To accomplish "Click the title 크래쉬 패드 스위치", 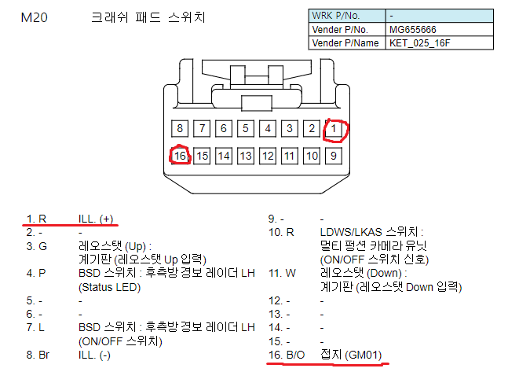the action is pos(148,17).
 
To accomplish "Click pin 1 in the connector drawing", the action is pos(334,128).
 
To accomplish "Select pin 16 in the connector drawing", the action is pos(180,156).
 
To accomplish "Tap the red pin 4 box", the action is pos(268,128).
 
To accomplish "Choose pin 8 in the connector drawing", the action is pos(180,128).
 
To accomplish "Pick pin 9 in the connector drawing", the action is pos(334,156).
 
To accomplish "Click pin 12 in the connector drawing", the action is pos(268,156).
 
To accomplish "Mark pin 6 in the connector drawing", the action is pos(224,128).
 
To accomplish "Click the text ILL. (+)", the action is pos(96,219).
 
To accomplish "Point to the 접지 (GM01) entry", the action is pos(351,355).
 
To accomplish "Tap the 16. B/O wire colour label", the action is pos(286,355).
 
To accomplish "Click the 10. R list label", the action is pos(281,232).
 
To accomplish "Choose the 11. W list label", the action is pos(282,273).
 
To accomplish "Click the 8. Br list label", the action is pos(38,355).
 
